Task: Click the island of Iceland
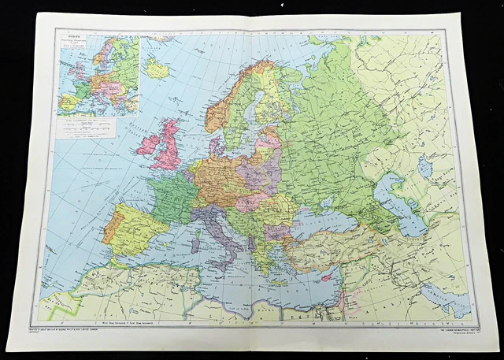[157, 69]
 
